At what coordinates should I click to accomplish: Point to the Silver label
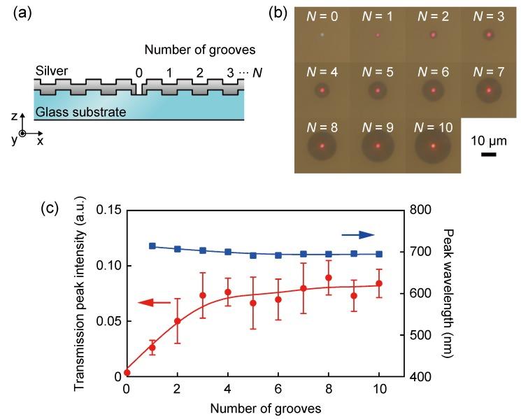click(51, 71)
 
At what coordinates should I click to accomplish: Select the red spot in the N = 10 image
click(433, 145)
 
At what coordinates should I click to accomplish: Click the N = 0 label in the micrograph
click(322, 15)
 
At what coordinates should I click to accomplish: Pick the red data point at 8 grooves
click(328, 278)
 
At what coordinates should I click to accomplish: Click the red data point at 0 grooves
click(127, 373)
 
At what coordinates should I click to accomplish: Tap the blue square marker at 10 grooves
click(379, 254)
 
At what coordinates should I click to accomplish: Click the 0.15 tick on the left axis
click(109, 211)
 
